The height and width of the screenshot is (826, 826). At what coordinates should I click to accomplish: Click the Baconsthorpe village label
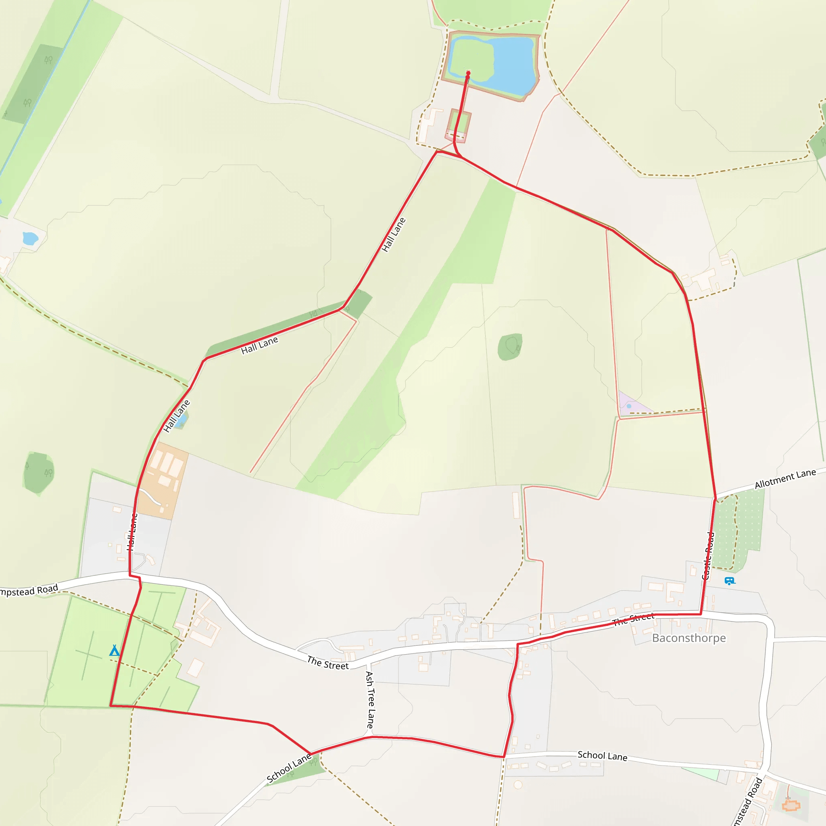click(x=688, y=638)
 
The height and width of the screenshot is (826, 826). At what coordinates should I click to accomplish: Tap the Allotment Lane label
click(x=785, y=479)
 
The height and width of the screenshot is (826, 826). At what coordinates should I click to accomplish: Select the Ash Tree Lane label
click(x=370, y=699)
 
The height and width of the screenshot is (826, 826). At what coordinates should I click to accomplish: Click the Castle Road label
click(x=708, y=555)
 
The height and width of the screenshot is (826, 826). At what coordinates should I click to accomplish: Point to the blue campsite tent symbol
click(x=114, y=651)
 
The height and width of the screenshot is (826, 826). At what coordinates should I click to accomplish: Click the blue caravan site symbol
click(x=729, y=581)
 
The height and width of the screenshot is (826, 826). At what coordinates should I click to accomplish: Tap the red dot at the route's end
click(x=468, y=73)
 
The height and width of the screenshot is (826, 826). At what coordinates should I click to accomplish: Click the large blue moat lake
click(x=513, y=64)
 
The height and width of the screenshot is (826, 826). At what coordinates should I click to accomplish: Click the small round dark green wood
click(x=510, y=347)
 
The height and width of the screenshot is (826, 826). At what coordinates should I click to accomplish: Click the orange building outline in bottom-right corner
click(x=791, y=806)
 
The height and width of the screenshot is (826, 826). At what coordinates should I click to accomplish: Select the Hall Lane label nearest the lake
click(x=393, y=235)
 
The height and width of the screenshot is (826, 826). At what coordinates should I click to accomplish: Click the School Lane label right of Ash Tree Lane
click(x=602, y=756)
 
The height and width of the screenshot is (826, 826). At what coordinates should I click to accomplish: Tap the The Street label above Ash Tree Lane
click(x=327, y=663)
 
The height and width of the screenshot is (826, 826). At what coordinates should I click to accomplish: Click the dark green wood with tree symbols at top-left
click(x=36, y=83)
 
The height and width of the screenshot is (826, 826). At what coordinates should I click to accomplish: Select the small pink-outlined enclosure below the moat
click(x=458, y=125)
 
